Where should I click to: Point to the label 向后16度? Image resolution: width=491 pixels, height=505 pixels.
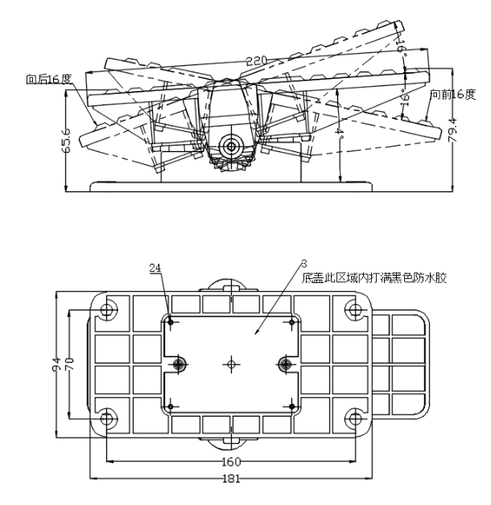click(x=48, y=80)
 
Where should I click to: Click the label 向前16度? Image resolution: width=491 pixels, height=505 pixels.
click(x=452, y=94)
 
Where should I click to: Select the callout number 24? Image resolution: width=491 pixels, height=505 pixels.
click(x=156, y=268)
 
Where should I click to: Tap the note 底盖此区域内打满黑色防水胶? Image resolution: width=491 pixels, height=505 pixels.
click(x=375, y=278)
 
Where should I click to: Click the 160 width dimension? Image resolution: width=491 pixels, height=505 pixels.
click(x=233, y=462)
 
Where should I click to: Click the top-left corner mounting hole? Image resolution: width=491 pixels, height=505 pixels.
click(x=109, y=310)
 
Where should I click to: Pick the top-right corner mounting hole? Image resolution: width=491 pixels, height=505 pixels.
click(x=354, y=310)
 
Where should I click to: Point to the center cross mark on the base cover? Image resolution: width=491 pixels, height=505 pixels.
click(x=232, y=364)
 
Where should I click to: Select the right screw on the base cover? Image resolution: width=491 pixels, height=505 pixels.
click(x=285, y=364)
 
